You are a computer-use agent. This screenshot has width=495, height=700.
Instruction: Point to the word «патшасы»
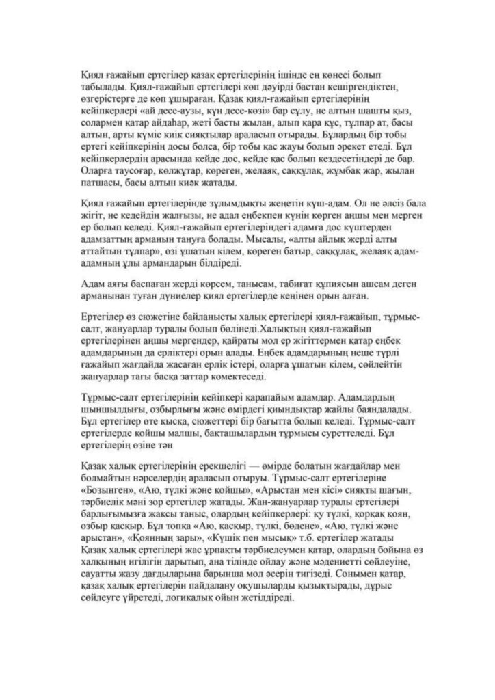101,183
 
